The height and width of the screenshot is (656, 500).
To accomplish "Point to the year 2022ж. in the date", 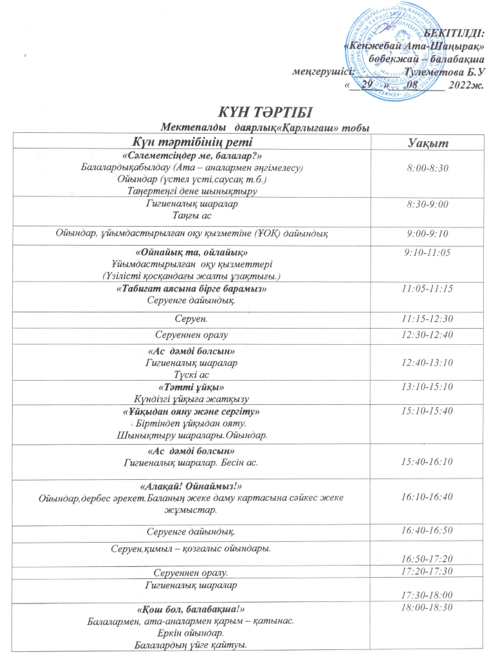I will [464, 84].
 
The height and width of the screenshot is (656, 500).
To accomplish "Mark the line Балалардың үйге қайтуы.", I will [192, 645].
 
